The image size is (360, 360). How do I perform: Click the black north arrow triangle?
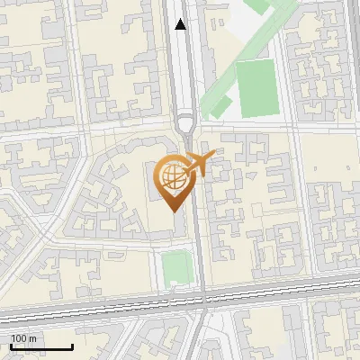point(181,24)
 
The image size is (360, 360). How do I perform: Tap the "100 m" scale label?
point(23,338)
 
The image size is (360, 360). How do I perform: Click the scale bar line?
point(41,346)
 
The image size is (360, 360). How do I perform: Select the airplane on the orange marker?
point(200,165)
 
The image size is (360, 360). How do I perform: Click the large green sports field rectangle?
point(257,88)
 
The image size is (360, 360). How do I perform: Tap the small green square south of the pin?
point(176,266)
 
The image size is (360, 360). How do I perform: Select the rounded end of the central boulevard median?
point(186,121)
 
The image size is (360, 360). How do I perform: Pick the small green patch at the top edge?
point(256,5)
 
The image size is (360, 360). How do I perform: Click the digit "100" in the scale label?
point(19,338)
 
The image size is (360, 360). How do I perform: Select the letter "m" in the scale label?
point(32,339)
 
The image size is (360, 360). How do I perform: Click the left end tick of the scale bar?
point(11,346)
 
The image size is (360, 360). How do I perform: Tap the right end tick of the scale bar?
point(72,346)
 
